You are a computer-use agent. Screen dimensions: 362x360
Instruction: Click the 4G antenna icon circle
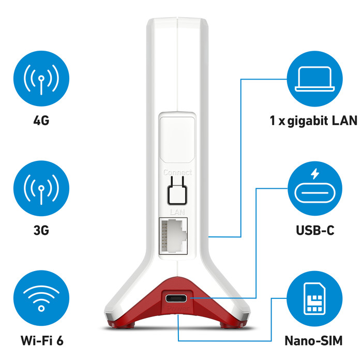(x=41, y=79)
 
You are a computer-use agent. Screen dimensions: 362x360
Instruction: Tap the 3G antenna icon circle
(x=41, y=188)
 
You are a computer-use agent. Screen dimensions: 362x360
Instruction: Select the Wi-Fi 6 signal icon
(x=41, y=298)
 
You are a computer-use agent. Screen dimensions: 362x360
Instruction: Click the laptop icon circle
(x=314, y=79)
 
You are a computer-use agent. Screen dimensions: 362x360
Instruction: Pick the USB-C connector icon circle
(x=314, y=188)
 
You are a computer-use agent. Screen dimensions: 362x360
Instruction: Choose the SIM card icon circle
(x=314, y=298)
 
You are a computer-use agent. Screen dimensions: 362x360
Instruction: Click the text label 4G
(x=41, y=121)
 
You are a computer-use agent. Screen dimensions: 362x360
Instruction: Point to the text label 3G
(x=41, y=231)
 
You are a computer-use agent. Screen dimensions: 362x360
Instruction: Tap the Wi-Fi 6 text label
(x=42, y=340)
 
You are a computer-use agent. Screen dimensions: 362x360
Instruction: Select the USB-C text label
(x=315, y=231)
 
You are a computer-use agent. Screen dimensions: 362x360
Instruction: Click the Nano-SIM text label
(x=313, y=341)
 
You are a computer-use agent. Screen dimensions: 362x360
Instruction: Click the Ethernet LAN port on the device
(x=173, y=236)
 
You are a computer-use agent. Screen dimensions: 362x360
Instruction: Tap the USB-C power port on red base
(x=176, y=298)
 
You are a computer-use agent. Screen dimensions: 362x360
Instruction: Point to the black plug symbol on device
(x=177, y=191)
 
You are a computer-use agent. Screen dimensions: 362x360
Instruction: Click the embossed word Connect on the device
(x=177, y=172)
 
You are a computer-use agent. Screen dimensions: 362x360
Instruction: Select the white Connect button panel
(x=177, y=140)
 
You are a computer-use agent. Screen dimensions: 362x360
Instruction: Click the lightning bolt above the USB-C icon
(x=314, y=174)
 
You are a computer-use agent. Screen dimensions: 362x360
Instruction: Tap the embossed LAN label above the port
(x=177, y=212)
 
